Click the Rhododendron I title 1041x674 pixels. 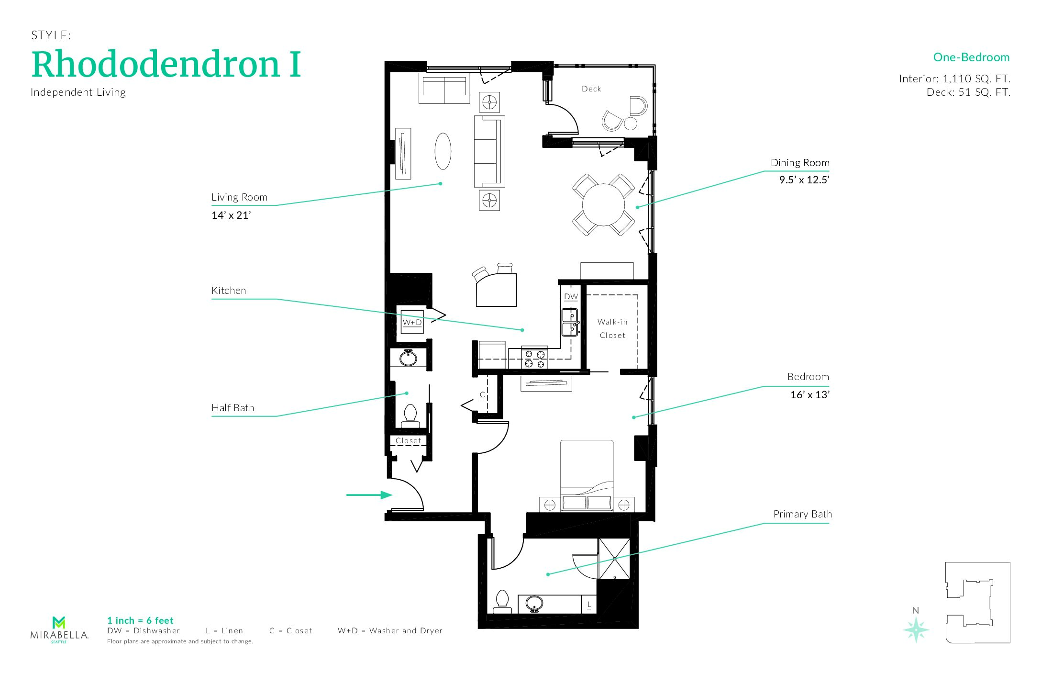[166, 65]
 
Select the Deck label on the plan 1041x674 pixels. [591, 89]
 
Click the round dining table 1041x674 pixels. [603, 205]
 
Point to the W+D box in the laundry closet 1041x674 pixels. [412, 322]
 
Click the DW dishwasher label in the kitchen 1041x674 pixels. [571, 297]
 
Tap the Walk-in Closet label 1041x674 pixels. [612, 328]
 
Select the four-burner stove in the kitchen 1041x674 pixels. [534, 359]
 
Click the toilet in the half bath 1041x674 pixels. [410, 415]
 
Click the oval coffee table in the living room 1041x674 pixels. [443, 151]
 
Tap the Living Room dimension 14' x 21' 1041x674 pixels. [231, 215]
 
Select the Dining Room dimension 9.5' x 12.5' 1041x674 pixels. [804, 180]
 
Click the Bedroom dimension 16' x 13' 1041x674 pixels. [809, 395]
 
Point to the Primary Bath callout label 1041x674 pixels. [802, 514]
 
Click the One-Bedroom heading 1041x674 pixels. [971, 57]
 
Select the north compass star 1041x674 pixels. [916, 629]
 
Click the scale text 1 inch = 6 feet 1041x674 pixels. [140, 620]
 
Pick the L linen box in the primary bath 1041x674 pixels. [589, 605]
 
